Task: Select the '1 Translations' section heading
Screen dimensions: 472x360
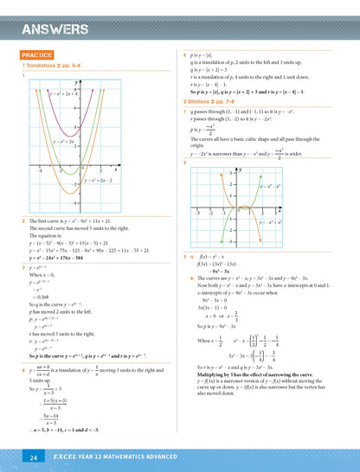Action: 53,66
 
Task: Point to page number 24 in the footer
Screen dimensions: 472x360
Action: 33,456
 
